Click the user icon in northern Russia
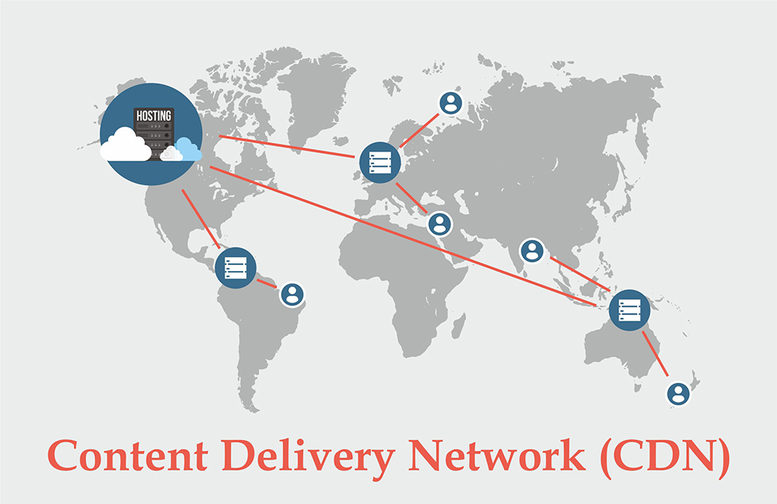(450, 103)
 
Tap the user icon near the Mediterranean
(440, 224)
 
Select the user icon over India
(531, 250)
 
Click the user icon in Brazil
(292, 294)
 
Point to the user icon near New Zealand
(678, 393)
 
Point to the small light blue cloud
(187, 148)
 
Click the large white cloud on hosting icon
(125, 145)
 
